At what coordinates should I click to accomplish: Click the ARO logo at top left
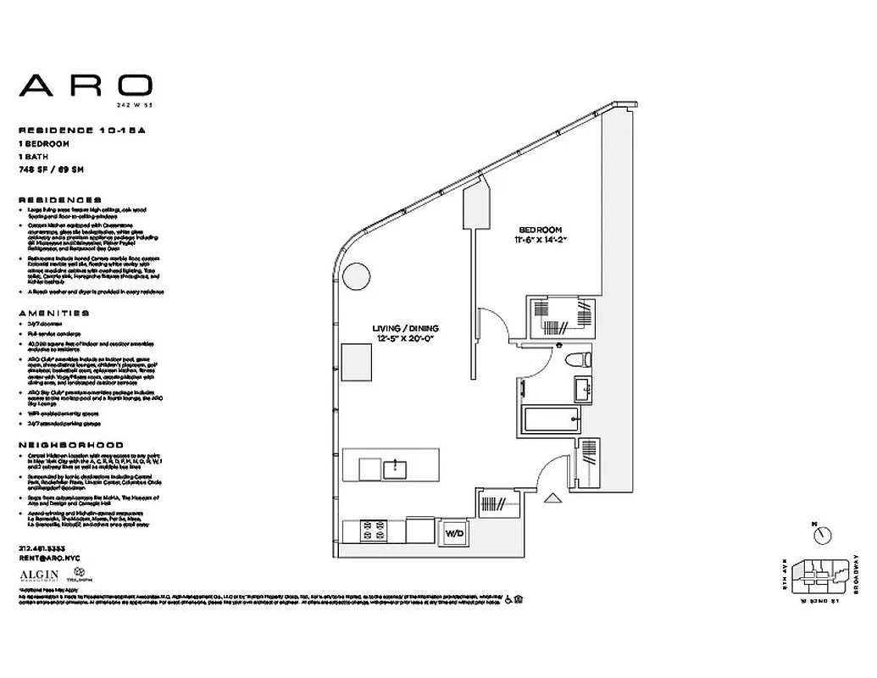pyautogui.click(x=86, y=85)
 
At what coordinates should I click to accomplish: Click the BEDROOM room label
pyautogui.click(x=541, y=230)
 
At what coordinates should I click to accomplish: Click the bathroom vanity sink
pyautogui.click(x=582, y=390)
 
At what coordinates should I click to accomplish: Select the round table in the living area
pyautogui.click(x=356, y=276)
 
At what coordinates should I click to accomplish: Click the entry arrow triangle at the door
pyautogui.click(x=552, y=499)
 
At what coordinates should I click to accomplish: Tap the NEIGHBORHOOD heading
pyautogui.click(x=70, y=444)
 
